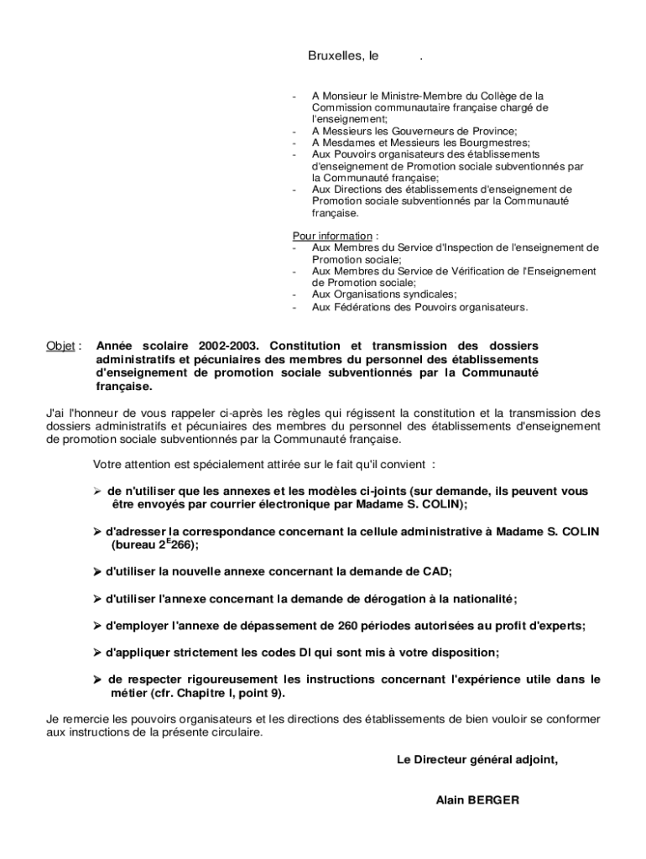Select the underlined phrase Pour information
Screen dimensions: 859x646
tap(331, 236)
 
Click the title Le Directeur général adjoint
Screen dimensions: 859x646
tap(477, 760)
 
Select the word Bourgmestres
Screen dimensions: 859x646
tap(471, 143)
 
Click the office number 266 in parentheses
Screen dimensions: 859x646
tap(182, 545)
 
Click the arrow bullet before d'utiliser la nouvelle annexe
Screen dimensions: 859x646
tap(97, 571)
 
